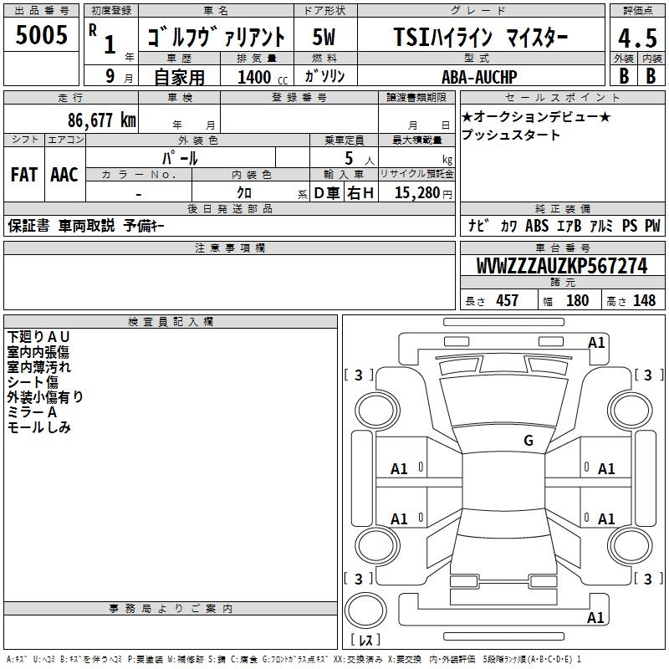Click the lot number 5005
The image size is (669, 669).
[x=41, y=35]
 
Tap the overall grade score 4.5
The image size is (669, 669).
[x=637, y=38]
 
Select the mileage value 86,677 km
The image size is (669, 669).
[x=102, y=120]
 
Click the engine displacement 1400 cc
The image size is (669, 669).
[x=263, y=77]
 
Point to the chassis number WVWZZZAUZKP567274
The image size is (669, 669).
[x=562, y=266]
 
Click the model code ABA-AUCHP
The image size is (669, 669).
[x=479, y=77]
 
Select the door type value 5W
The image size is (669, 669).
[x=324, y=37]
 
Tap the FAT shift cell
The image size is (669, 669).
[x=24, y=175]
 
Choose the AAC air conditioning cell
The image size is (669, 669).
[x=64, y=175]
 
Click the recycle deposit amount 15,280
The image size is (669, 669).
[x=417, y=193]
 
